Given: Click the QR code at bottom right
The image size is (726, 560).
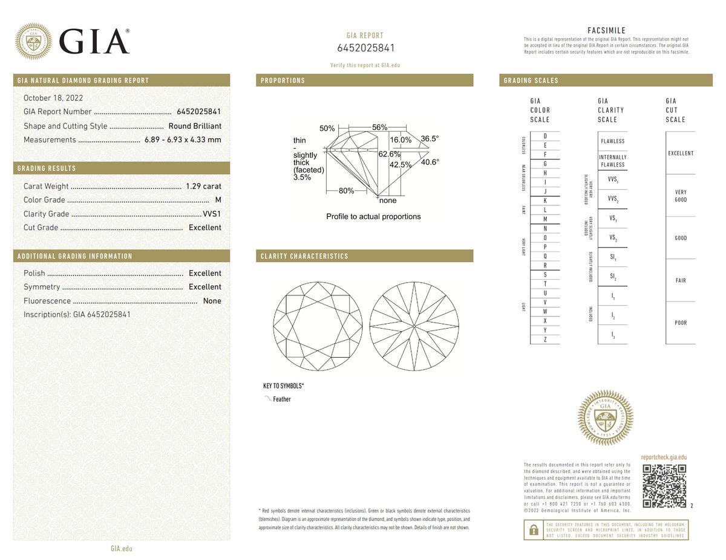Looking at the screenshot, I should pos(664,486).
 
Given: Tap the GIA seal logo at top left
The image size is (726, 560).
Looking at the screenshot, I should pos(33,41).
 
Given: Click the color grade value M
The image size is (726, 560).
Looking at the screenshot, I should pos(218,200).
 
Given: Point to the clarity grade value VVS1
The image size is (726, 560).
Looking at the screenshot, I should pos(212,214).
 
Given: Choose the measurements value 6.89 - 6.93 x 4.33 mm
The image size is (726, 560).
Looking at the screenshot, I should pos(182,140).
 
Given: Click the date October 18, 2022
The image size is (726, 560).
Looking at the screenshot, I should pos(53,98).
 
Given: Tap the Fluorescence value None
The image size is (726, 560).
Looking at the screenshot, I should pos(212,301).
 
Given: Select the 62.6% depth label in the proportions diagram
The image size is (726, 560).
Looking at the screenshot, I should pos(389,154).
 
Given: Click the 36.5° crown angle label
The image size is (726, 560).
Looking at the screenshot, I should pos(430,138).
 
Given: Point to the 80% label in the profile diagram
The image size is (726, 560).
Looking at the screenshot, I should pos(346,191).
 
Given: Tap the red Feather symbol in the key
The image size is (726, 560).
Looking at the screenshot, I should pos(267,399).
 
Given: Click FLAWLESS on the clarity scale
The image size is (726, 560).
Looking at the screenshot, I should pos(612,141).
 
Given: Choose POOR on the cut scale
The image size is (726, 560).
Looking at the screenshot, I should pos(681,323).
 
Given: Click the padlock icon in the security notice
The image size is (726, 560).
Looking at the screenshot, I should pos(533,530).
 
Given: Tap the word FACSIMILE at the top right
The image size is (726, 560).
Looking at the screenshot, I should pos(606,31).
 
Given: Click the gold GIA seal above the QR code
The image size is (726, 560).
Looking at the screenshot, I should pos(606,418).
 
